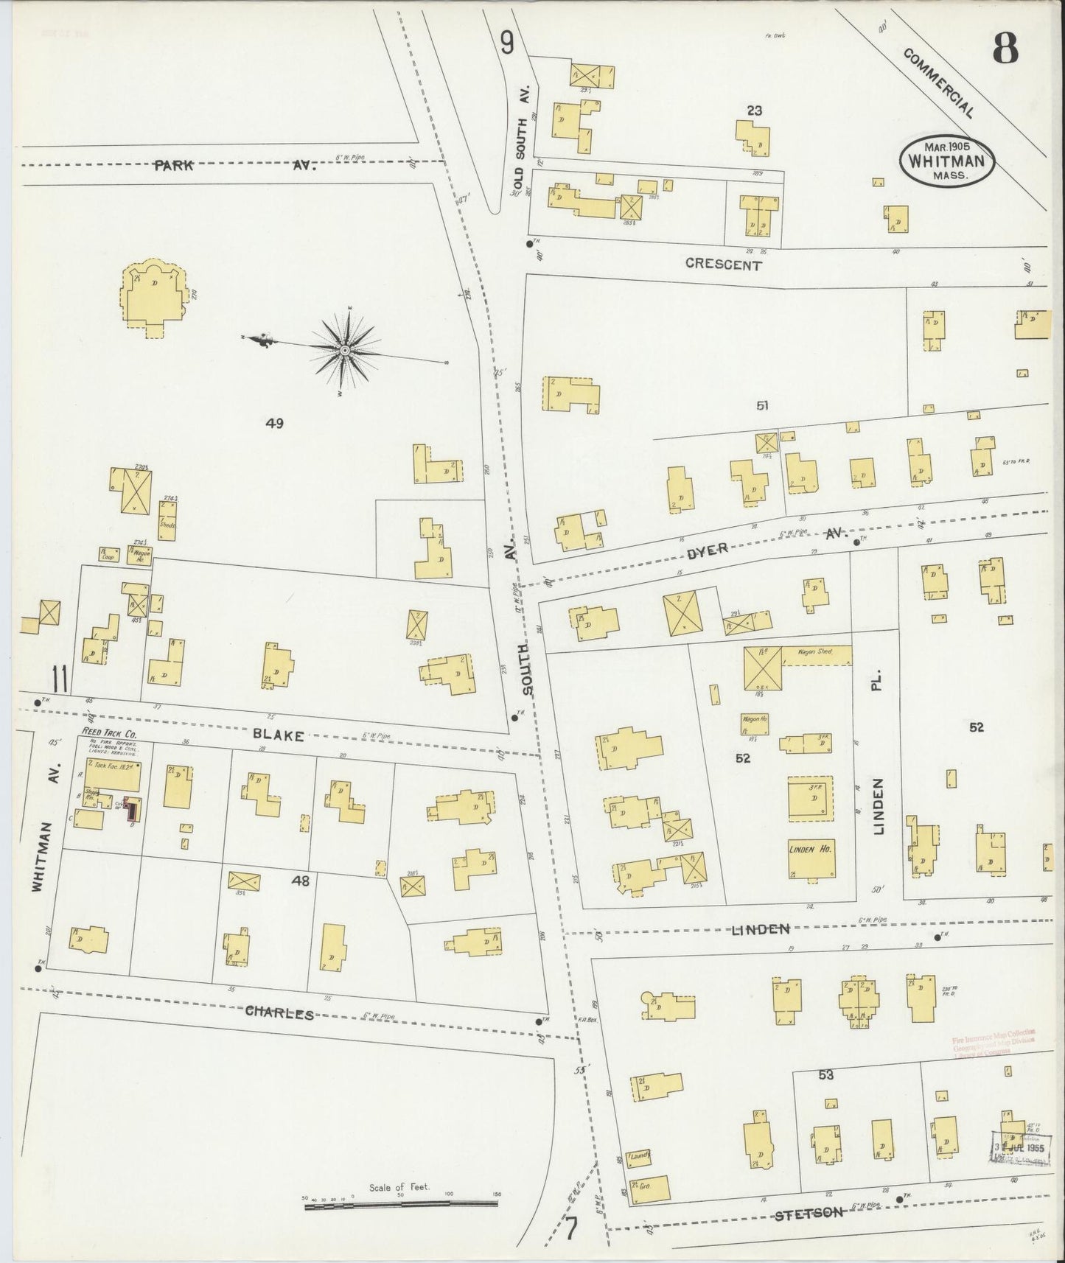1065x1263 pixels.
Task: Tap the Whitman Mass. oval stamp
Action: pyautogui.click(x=946, y=160)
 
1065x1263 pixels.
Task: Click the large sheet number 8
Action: pyautogui.click(x=1005, y=49)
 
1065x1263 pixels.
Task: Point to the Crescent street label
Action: pyautogui.click(x=722, y=265)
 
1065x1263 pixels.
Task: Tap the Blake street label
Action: pyautogui.click(x=279, y=735)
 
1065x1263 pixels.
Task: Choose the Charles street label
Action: pyautogui.click(x=279, y=1013)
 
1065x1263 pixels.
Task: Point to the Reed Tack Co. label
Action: pyautogui.click(x=108, y=734)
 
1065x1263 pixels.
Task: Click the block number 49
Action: pyautogui.click(x=274, y=423)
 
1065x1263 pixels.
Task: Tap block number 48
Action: pyautogui.click(x=300, y=880)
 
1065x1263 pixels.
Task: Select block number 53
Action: pyautogui.click(x=825, y=1075)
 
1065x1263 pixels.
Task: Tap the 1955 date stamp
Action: pyautogui.click(x=1019, y=1150)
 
